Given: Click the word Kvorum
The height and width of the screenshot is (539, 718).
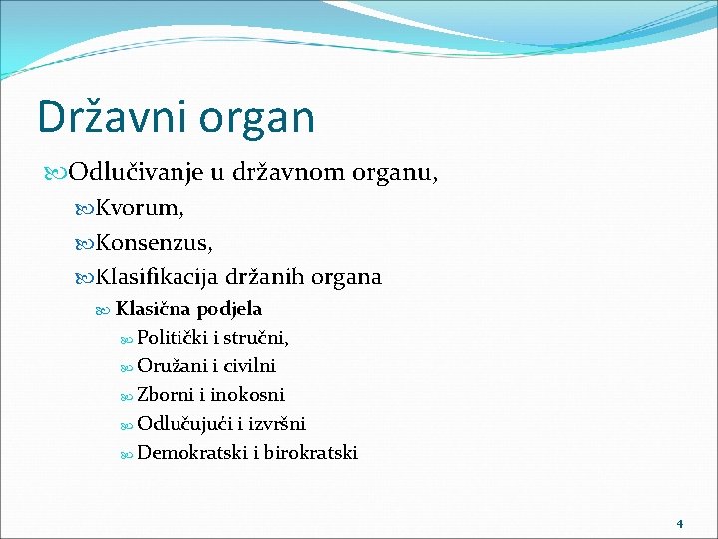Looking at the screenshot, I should [x=139, y=209].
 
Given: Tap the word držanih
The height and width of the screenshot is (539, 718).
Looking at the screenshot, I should [x=268, y=277].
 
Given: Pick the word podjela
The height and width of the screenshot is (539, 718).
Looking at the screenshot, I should [x=229, y=310].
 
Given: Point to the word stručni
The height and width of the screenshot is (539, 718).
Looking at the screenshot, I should [x=257, y=338].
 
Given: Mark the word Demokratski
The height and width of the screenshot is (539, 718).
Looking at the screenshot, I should [x=193, y=453].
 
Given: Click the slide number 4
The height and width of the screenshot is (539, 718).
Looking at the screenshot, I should [x=679, y=523].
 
